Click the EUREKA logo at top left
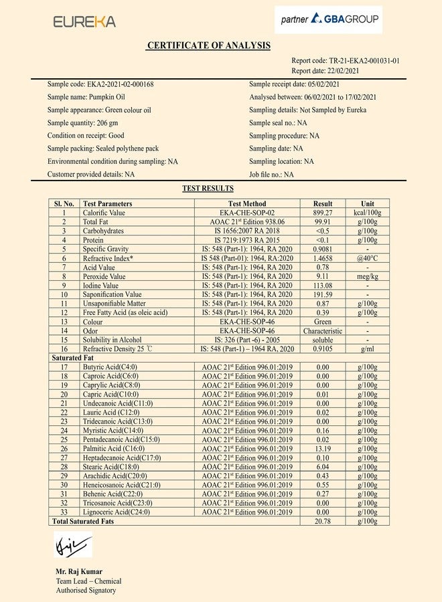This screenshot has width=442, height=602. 84,21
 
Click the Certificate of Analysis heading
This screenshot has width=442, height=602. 208,45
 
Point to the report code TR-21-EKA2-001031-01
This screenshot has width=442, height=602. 346,60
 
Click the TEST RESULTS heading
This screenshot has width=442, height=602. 208,189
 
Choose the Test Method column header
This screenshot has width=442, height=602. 247,203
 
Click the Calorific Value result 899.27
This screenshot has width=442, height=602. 323,213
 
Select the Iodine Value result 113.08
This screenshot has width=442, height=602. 323,285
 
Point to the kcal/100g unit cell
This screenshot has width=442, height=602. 368,213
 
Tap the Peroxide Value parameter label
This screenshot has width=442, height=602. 104,276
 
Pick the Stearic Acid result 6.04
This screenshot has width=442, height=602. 323,466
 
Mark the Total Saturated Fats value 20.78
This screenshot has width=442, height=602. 323,520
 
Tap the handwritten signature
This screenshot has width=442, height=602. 72,545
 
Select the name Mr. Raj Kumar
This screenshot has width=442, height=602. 79,571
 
